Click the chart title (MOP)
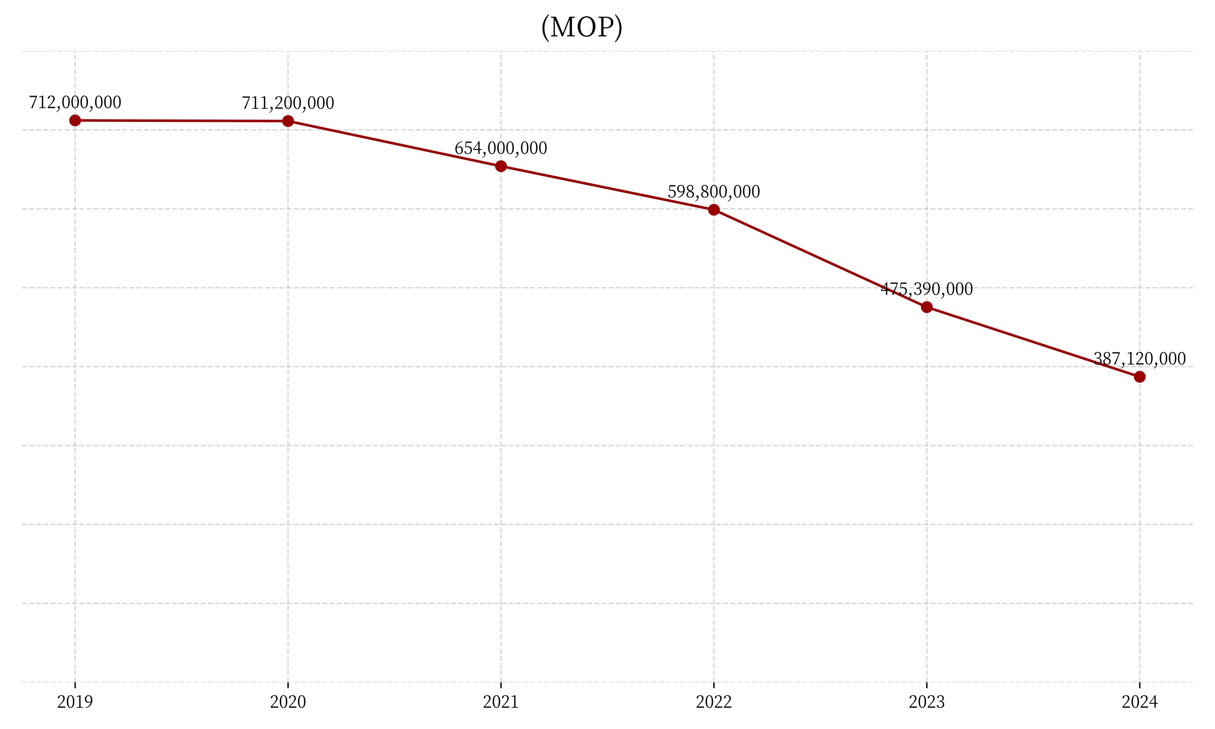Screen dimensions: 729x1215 582,28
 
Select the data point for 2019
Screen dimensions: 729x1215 75,120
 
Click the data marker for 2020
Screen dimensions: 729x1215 288,121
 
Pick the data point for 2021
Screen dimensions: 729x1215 501,166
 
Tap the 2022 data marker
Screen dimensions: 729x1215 714,210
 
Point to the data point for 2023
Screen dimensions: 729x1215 927,307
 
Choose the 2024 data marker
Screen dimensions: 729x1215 1140,377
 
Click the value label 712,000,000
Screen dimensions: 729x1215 75,103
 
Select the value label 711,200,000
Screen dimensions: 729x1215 288,103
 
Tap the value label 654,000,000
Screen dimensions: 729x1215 501,148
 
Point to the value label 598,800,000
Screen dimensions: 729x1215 714,192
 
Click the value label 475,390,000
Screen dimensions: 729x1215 927,289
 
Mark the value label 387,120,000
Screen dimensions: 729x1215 1140,359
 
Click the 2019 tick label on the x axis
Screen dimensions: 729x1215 75,702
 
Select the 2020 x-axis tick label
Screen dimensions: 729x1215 288,702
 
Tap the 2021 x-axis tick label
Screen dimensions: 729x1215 501,702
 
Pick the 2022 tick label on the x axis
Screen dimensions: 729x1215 714,702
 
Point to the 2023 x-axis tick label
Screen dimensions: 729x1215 927,702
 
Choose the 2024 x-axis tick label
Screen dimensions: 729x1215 1140,702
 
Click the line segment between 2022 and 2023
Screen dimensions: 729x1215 820,259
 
